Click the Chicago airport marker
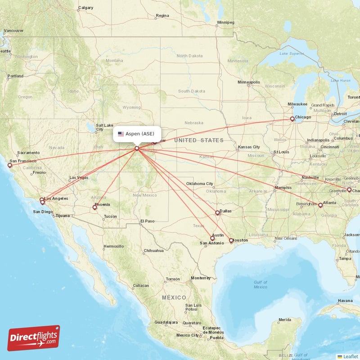[292, 119]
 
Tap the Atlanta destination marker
[320, 205]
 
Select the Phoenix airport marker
[94, 207]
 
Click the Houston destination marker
[231, 241]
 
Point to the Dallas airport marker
[217, 213]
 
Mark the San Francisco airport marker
[9, 165]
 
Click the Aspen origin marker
[137, 148]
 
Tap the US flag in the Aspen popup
[121, 134]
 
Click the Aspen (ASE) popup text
[140, 134]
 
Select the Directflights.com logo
[34, 338]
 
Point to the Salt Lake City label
[104, 127]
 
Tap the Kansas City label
[249, 147]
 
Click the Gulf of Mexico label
[260, 285]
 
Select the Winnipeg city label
[225, 22]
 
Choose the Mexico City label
[188, 335]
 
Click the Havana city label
[346, 301]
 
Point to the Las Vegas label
[79, 177]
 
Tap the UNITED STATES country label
[199, 140]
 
